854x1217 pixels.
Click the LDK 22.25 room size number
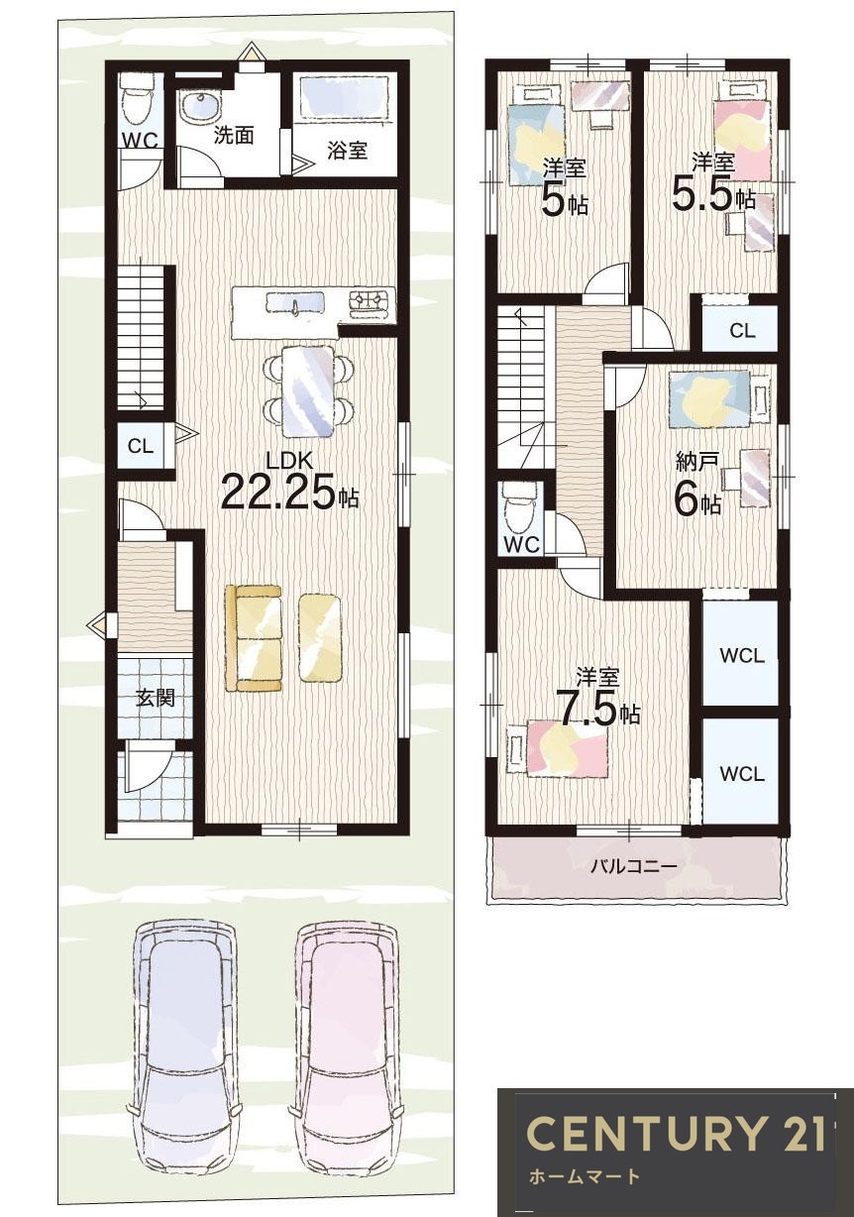[x=279, y=493]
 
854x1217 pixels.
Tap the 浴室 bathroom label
[x=347, y=151]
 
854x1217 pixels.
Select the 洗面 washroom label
[x=234, y=136]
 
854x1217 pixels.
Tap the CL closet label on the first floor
[x=140, y=447]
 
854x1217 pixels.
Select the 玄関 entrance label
[x=156, y=698]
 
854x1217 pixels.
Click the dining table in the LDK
[x=307, y=389]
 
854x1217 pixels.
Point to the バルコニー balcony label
[x=634, y=865]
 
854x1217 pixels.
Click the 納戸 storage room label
[x=698, y=464]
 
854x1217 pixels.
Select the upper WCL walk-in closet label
[x=742, y=656]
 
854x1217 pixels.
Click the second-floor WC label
[x=521, y=544]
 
